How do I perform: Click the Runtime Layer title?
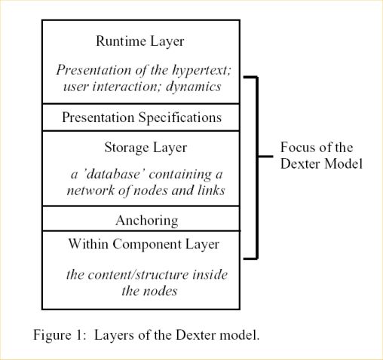coord(140,41)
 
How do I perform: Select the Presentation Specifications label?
coord(142,117)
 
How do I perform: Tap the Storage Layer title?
coord(146,148)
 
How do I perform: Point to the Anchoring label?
coord(147,221)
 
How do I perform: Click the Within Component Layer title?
coord(144,244)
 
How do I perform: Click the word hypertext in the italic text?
coord(201,70)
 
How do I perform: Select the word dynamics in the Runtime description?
coord(194,87)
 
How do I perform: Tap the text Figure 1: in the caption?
coord(60,335)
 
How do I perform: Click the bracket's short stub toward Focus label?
coord(265,157)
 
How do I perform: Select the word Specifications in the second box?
coord(180,117)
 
